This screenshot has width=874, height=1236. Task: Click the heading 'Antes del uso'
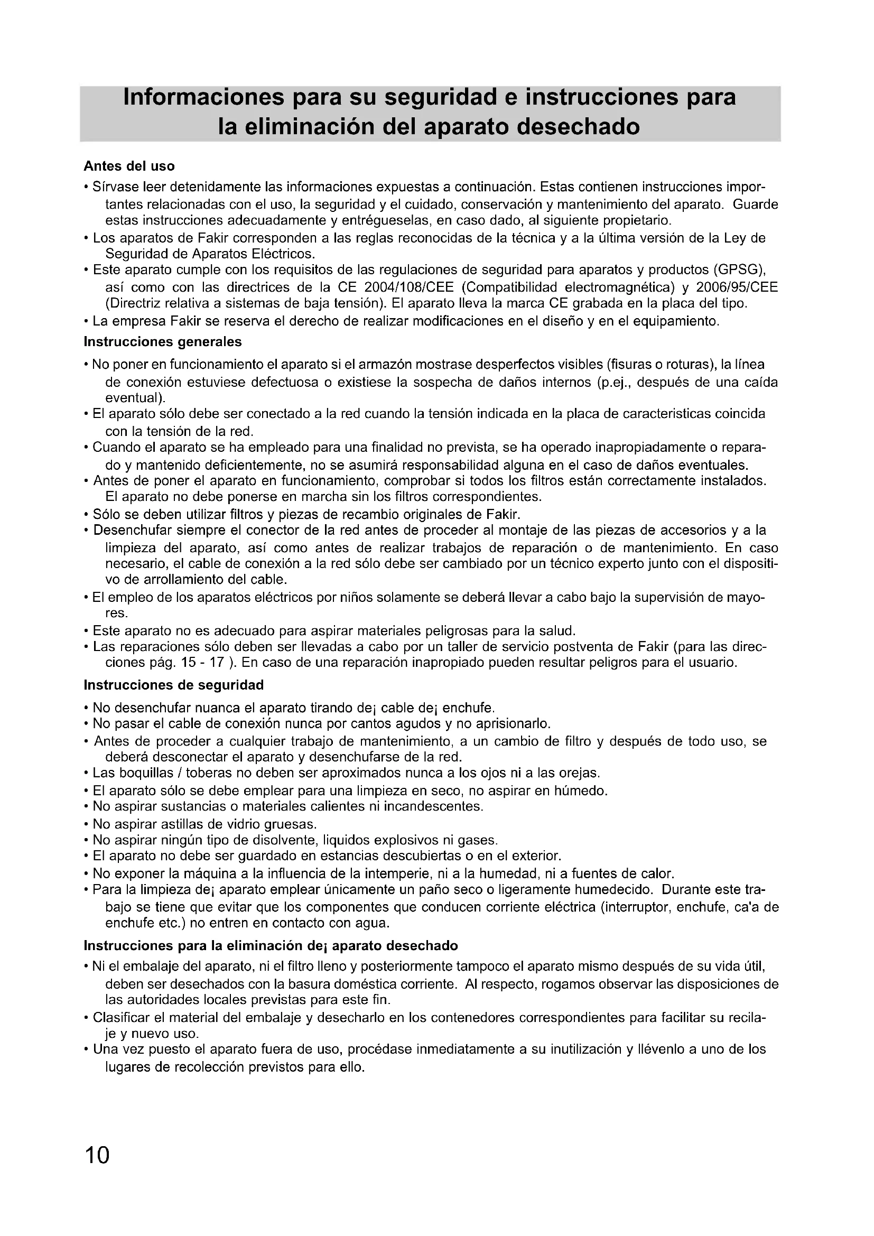click(129, 166)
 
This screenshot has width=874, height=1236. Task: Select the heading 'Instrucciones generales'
click(163, 342)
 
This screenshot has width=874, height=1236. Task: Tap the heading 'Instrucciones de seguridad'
click(174, 685)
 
